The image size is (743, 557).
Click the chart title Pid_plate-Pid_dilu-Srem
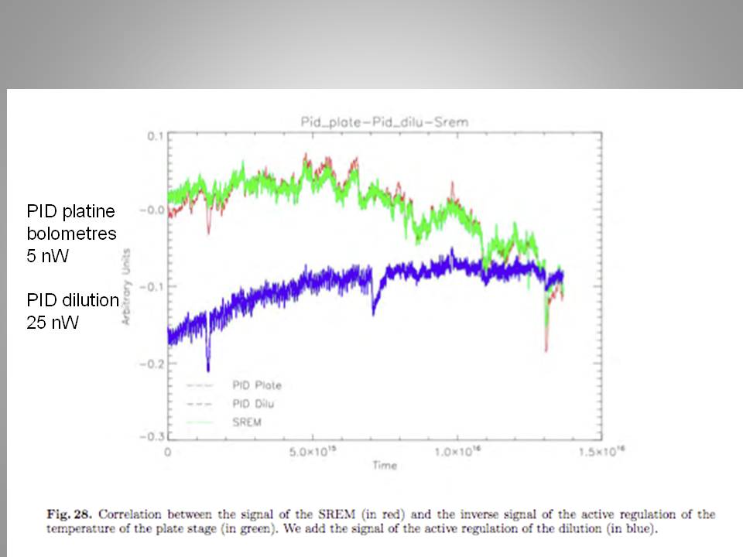tap(384, 121)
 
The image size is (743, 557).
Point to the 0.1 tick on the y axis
tap(154, 136)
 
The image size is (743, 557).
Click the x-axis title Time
tap(384, 466)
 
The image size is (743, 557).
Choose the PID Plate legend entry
tap(257, 384)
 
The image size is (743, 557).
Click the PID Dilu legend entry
tap(254, 403)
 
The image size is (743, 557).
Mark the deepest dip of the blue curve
tap(208, 369)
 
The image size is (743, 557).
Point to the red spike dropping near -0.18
tap(546, 350)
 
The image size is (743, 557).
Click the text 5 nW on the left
tap(48, 256)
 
